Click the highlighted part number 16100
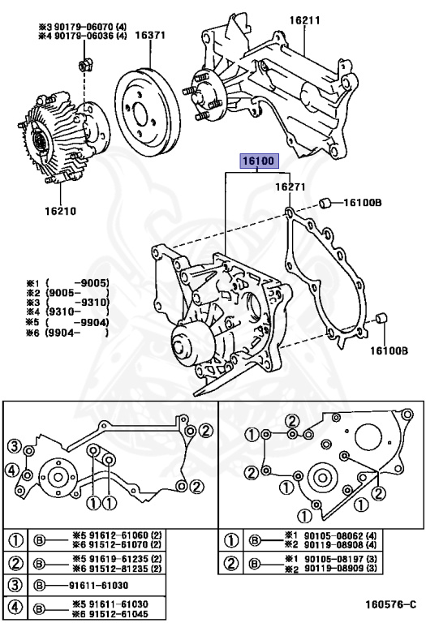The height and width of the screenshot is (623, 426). pyautogui.click(x=259, y=161)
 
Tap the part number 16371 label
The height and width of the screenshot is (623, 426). pyautogui.click(x=150, y=36)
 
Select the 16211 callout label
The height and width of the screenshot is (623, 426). pyautogui.click(x=305, y=20)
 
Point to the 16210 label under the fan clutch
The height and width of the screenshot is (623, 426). pyautogui.click(x=60, y=211)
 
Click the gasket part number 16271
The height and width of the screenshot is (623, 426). pyautogui.click(x=290, y=187)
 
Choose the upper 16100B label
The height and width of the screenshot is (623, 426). pyautogui.click(x=363, y=203)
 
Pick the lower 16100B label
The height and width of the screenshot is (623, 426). pyautogui.click(x=389, y=350)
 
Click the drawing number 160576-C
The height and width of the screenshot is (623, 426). pyautogui.click(x=391, y=604)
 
